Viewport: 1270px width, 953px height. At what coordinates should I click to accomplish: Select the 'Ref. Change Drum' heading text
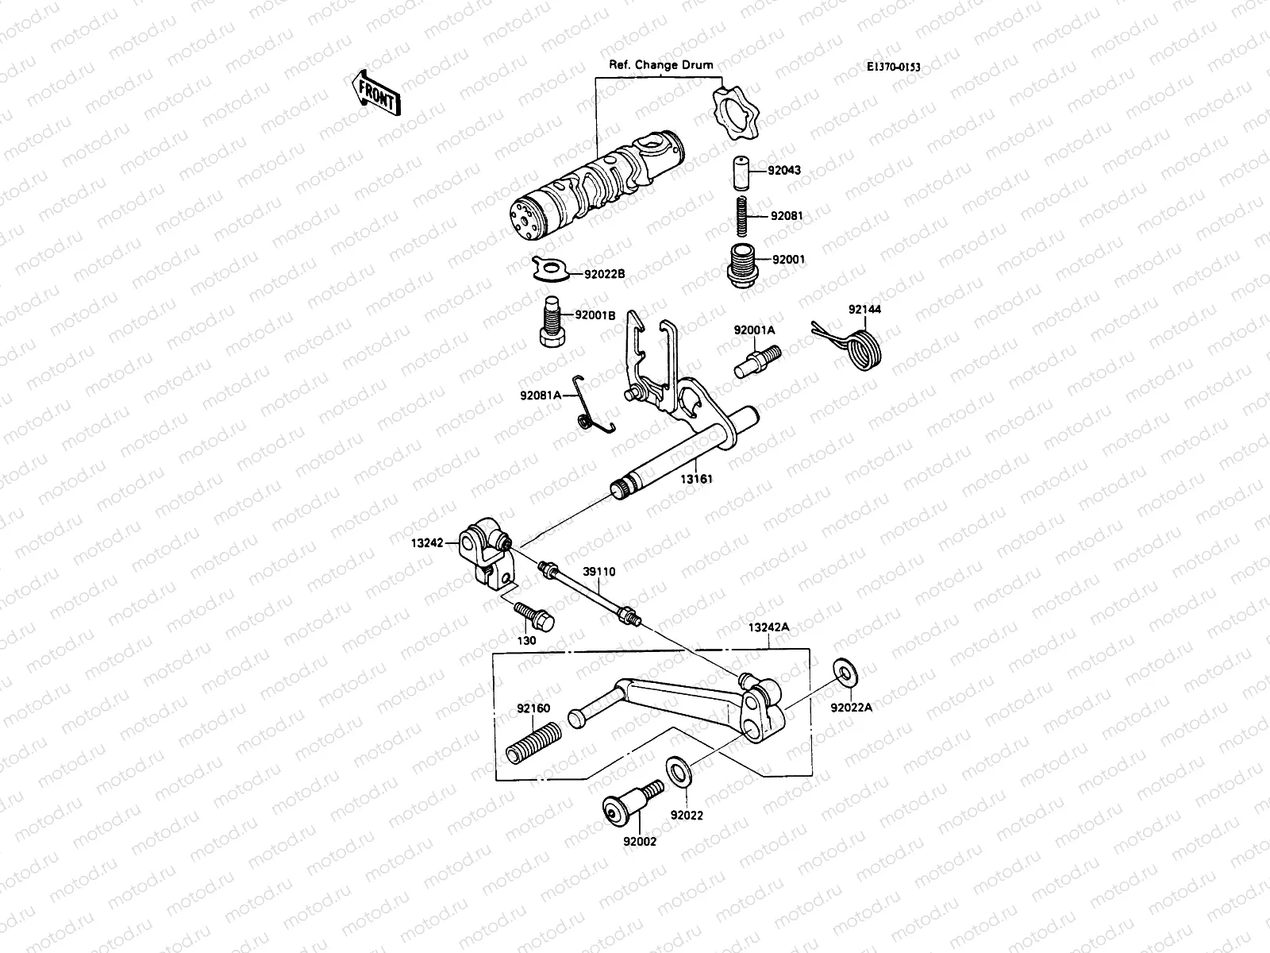click(660, 65)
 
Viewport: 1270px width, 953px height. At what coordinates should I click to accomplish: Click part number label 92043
click(786, 170)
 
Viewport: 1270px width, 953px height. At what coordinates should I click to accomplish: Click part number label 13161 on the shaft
click(696, 480)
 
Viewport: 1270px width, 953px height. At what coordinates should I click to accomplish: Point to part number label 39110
click(598, 571)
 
